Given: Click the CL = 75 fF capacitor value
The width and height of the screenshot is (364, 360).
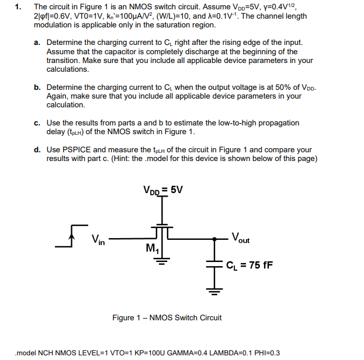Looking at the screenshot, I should (249, 265).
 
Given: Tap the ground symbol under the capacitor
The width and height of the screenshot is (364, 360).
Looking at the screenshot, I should (214, 288).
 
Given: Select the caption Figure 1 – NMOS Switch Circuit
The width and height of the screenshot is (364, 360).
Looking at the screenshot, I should (167, 318).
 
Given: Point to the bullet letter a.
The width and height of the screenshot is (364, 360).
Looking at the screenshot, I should (37, 43).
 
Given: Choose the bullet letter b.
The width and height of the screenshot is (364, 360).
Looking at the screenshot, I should (37, 87).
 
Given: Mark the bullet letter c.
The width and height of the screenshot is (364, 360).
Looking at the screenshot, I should (37, 123).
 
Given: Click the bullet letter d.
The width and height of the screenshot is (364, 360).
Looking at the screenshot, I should (37, 150).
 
